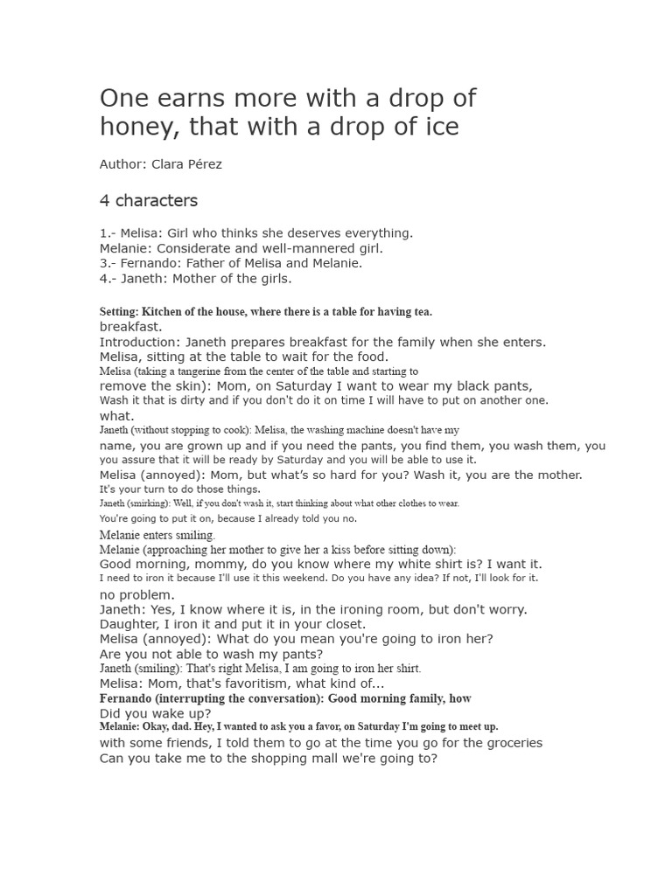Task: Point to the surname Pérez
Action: pos(203,164)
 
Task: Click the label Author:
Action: pos(123,164)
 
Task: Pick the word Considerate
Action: pos(206,248)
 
